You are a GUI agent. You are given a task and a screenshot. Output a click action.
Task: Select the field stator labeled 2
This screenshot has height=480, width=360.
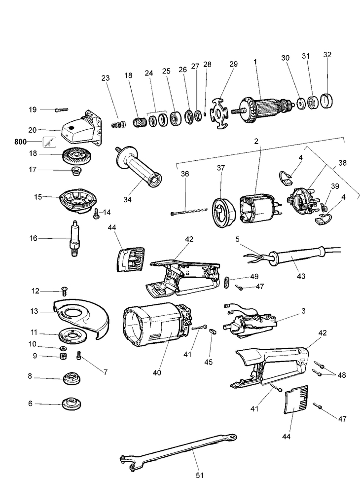point(257,213)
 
